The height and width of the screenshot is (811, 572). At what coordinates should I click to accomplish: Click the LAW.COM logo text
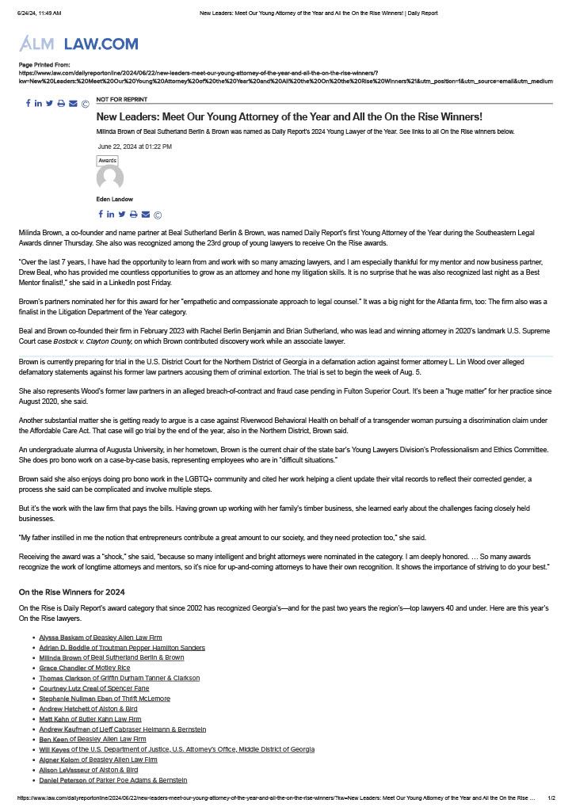pos(101,44)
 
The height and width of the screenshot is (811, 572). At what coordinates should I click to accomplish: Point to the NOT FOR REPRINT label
pos(121,100)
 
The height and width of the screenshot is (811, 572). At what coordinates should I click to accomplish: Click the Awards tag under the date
pos(107,161)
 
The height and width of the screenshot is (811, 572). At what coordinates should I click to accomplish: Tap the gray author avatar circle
pos(110,178)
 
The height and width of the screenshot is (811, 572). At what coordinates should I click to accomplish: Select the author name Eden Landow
pos(115,200)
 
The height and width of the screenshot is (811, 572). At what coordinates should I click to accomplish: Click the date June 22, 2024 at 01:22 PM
pos(135,147)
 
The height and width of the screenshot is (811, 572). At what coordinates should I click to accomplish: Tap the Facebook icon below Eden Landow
pos(101,215)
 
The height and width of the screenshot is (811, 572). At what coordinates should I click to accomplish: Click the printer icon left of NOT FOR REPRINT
pos(61,104)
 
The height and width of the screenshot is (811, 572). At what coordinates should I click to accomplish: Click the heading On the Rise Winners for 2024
pos(71,592)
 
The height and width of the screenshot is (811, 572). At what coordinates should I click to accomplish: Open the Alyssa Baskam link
pos(60,638)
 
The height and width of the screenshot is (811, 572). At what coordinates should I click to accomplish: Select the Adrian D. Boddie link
pos(63,648)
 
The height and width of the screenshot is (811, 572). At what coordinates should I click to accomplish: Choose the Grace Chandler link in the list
pos(63,668)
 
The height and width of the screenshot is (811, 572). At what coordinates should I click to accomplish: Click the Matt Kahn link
pos(54,719)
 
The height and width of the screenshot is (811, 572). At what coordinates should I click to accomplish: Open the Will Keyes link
pos(54,749)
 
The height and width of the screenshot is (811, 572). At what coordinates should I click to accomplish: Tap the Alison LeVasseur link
pos(64,770)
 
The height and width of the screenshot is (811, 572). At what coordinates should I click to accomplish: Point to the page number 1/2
pos(551,798)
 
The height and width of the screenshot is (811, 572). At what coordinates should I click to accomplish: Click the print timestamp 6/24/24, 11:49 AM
pos(40,13)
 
